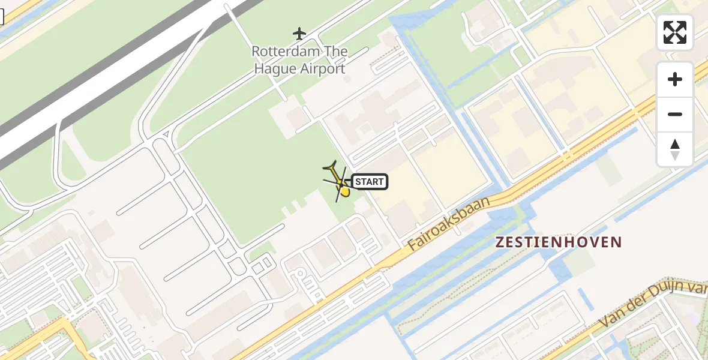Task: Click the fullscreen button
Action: (675, 32)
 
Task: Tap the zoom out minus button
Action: (675, 114)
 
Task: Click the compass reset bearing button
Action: (675, 149)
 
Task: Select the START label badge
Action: (370, 181)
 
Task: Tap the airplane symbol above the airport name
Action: (299, 34)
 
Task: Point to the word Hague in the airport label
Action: (275, 69)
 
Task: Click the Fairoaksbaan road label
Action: (449, 223)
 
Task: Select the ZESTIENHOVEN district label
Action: (558, 242)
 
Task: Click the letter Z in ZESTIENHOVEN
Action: (499, 242)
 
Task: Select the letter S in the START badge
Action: (358, 181)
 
